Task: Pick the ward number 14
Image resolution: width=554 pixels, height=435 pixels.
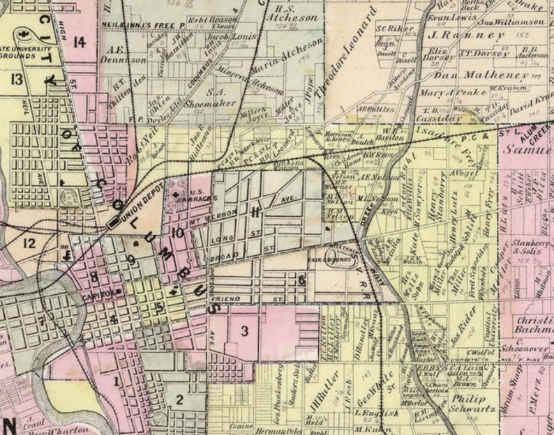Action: click(79, 43)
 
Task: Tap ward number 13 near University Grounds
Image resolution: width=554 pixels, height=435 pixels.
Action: click(15, 79)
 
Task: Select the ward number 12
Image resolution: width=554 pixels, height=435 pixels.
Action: click(28, 243)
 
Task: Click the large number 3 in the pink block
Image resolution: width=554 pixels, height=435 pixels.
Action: click(245, 330)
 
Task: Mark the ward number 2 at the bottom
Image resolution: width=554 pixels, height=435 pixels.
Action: click(179, 399)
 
